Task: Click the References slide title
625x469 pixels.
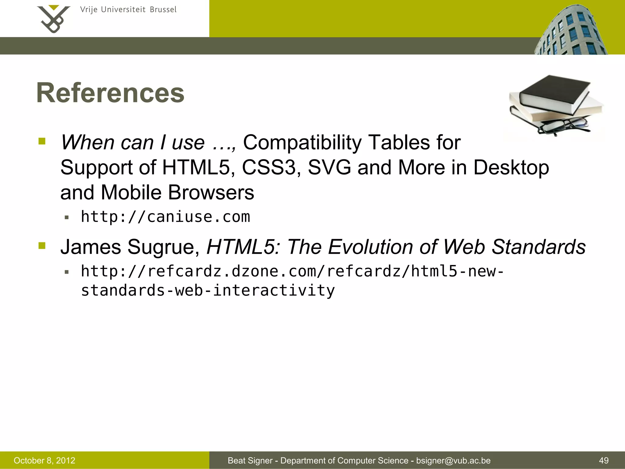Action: coord(110,93)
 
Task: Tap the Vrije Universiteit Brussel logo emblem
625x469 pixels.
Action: coord(53,19)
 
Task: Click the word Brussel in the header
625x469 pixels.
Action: coord(163,10)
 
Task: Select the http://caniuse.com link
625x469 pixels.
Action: coord(165,217)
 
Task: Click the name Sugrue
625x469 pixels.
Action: coord(163,247)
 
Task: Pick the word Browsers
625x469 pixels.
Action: coord(211,193)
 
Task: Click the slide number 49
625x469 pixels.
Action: coord(604,460)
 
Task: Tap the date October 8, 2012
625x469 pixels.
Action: coord(45,460)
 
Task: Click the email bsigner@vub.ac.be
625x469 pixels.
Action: coord(453,460)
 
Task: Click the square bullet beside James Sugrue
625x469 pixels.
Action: coord(42,245)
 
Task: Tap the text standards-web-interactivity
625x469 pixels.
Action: coord(208,290)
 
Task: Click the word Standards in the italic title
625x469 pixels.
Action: coord(539,247)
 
